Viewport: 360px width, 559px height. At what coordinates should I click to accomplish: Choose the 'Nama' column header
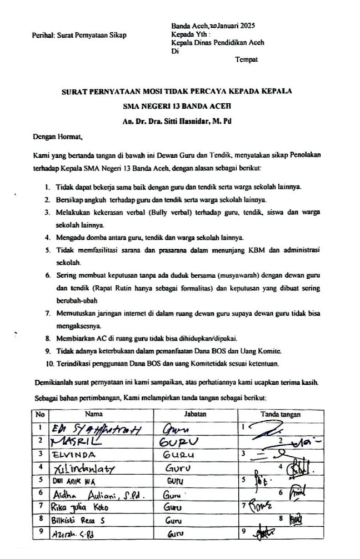(x=94, y=414)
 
